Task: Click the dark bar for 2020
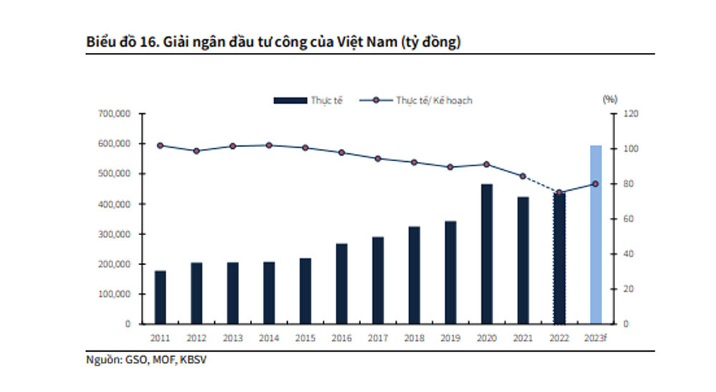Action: click(487, 254)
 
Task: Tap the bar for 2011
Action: click(160, 297)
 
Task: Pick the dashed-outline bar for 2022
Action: click(560, 258)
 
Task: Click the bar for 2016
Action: click(342, 284)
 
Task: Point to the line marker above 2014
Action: click(268, 145)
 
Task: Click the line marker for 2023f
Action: click(595, 184)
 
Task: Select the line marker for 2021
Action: click(523, 176)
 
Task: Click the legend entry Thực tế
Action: click(309, 100)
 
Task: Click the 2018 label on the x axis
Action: click(415, 337)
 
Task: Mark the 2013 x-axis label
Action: click(233, 337)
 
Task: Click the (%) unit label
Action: click(610, 98)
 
